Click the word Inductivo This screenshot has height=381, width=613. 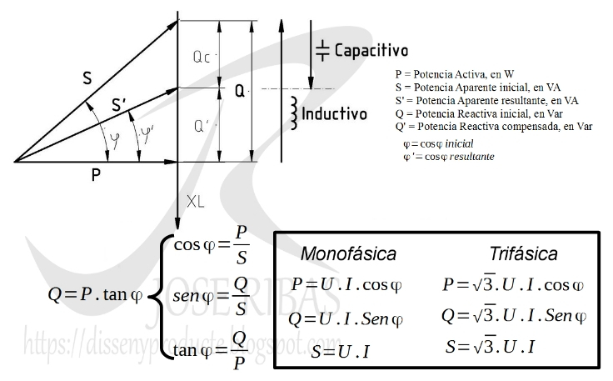pos(334,113)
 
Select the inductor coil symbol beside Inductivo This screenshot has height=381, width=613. pos(293,108)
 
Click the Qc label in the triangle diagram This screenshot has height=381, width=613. pos(200,59)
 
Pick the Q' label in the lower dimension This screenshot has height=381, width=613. pos(200,127)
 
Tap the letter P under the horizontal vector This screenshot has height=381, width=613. pos(97,175)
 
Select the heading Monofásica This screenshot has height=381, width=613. pos(348,253)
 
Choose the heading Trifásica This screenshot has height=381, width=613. pos(523,253)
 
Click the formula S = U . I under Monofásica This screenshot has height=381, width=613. pos(341,351)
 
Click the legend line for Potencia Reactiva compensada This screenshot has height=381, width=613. pos(494,127)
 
